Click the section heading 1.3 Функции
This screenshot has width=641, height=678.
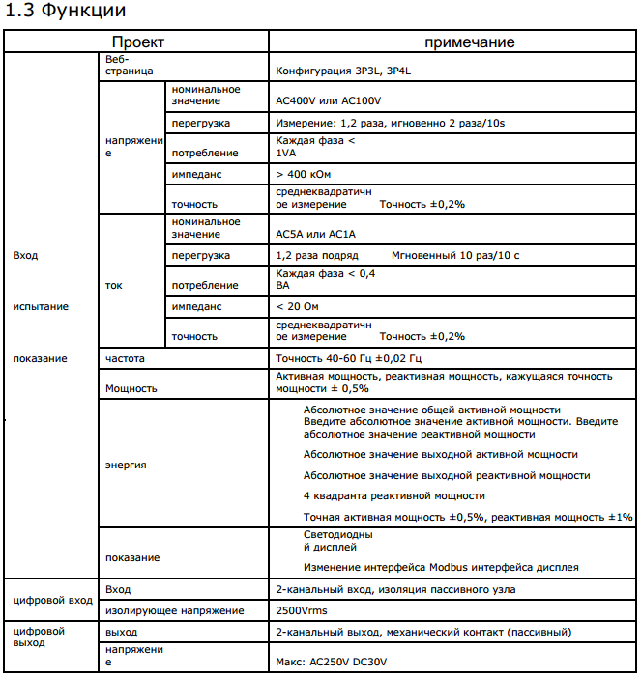tap(66, 13)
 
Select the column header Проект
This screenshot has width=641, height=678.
tap(137, 42)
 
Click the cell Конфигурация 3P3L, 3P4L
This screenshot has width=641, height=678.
tap(351, 71)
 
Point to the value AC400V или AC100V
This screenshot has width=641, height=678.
tap(330, 100)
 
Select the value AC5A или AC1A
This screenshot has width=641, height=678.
tap(316, 234)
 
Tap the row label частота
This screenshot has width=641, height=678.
tap(125, 358)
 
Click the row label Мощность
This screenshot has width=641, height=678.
tap(131, 388)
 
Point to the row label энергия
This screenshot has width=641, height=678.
tap(126, 465)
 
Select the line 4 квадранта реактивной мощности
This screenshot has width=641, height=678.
tap(381, 495)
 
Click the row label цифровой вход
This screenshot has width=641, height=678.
tap(53, 600)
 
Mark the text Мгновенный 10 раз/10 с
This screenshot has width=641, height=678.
tap(455, 255)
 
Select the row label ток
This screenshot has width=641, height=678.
tap(113, 286)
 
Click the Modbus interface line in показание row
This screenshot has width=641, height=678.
tap(441, 566)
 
